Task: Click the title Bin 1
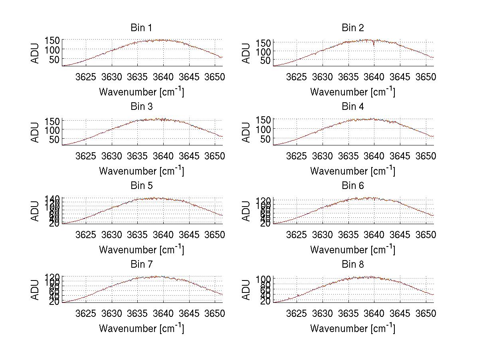(x=141, y=28)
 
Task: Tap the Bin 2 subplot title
(x=352, y=28)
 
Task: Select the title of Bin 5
(x=141, y=186)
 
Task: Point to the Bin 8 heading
(x=352, y=265)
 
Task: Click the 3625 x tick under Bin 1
(x=85, y=77)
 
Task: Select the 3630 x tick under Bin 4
(x=322, y=156)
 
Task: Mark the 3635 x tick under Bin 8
(x=348, y=313)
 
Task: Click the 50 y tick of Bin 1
(x=54, y=59)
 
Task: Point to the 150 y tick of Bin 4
(x=265, y=119)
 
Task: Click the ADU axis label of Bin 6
(x=246, y=211)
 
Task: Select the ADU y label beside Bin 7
(x=35, y=290)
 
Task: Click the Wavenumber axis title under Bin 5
(x=141, y=250)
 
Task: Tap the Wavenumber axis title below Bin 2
(x=352, y=92)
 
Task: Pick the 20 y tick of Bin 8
(x=266, y=302)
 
